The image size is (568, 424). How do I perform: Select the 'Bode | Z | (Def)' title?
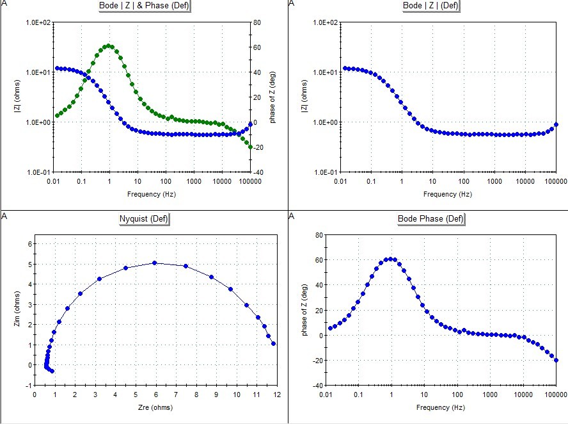[430, 6]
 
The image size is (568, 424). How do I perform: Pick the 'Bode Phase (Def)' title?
[430, 219]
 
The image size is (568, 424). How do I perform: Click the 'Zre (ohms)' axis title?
[156, 407]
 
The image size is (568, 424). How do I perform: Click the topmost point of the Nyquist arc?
[155, 263]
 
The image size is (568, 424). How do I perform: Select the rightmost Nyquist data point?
[274, 344]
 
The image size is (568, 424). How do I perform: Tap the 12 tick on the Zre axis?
[277, 395]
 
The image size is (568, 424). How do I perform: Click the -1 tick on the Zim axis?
[28, 385]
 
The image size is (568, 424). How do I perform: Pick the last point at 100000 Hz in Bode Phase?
[556, 360]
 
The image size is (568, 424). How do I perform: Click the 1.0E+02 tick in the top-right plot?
[325, 22]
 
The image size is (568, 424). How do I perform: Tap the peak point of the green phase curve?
[109, 45]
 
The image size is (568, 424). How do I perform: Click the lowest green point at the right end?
[250, 147]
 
